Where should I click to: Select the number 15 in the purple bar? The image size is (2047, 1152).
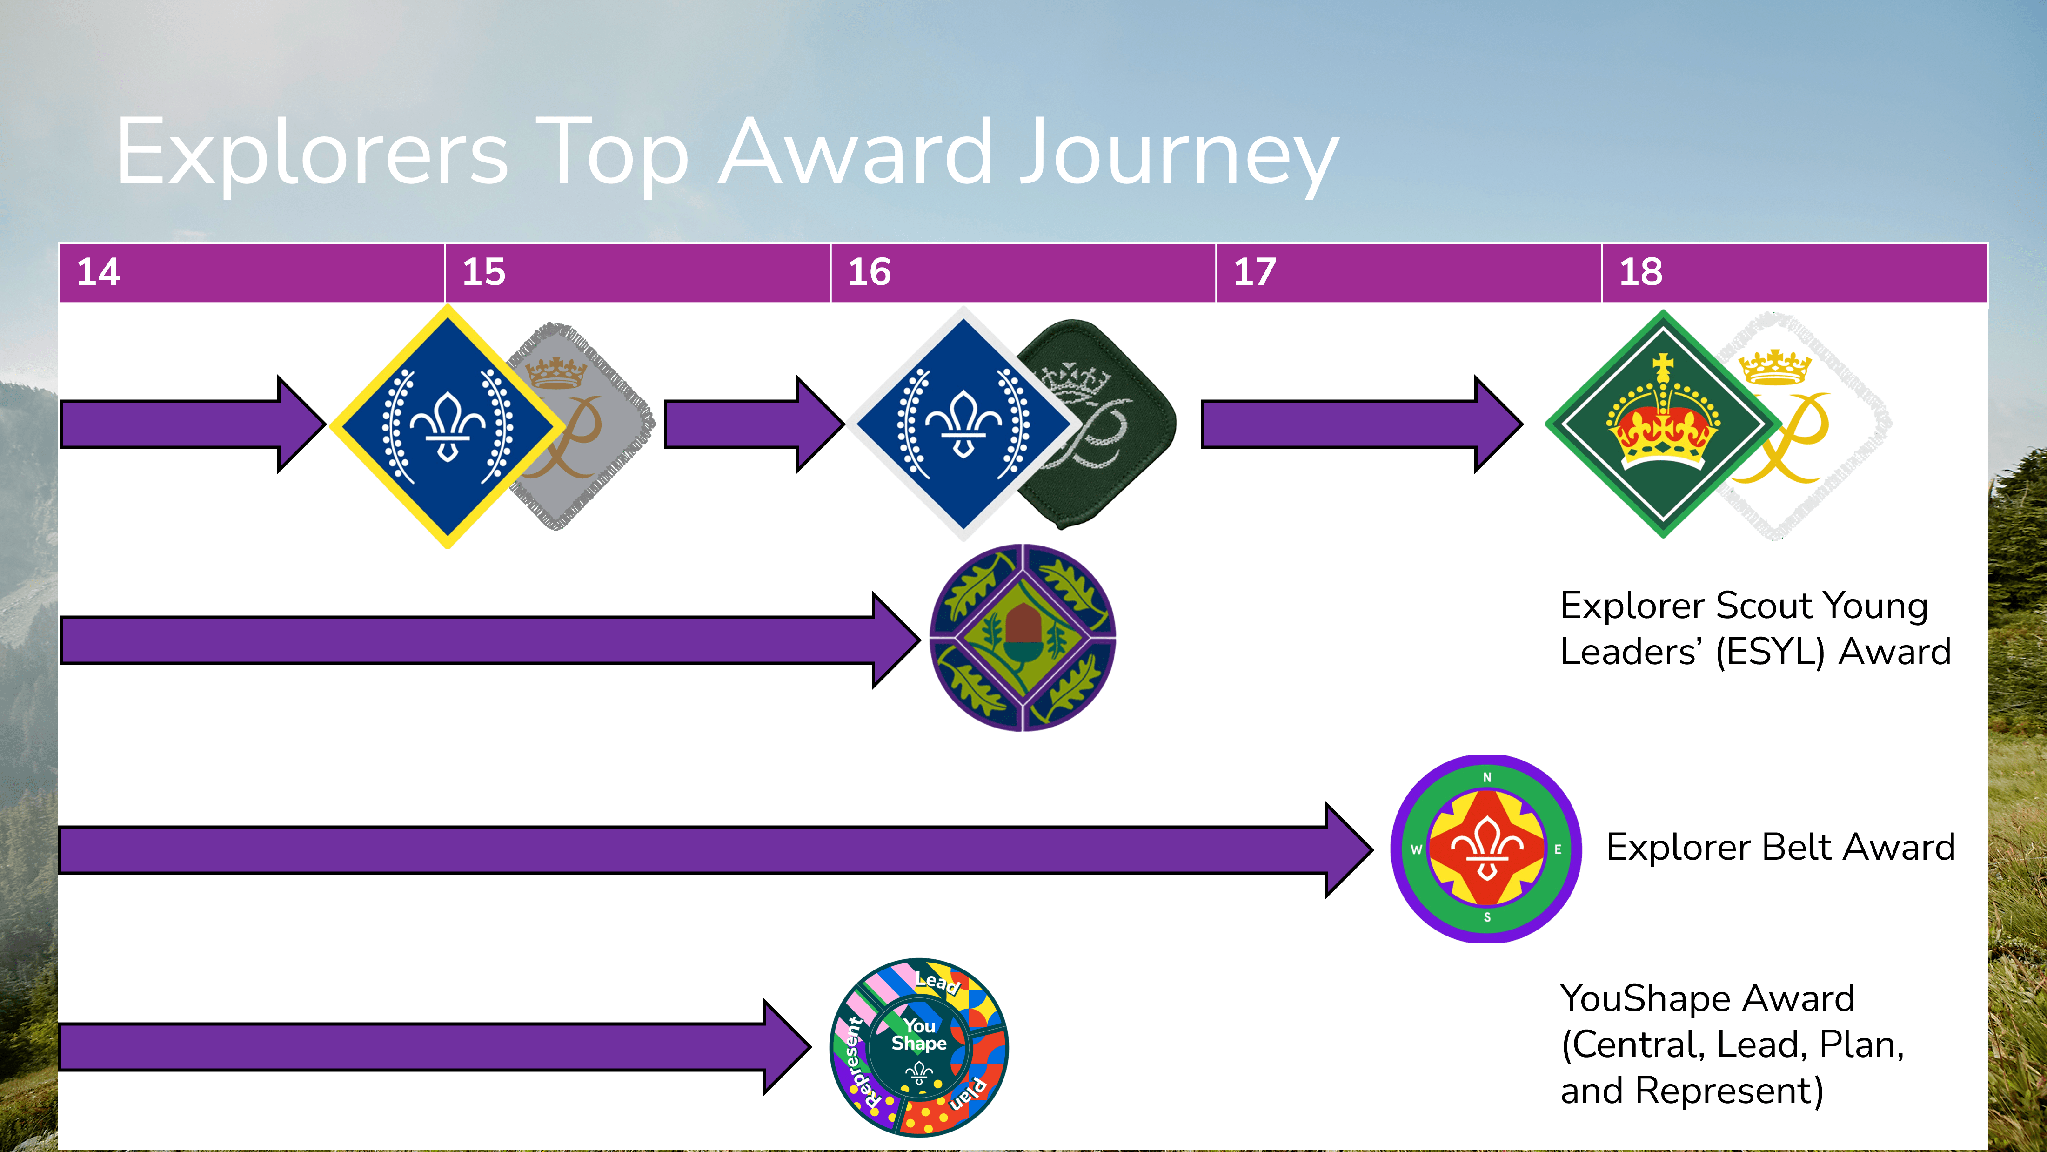coord(484,272)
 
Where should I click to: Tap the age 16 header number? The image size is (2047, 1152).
coord(870,272)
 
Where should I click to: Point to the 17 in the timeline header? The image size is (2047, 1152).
coord(1255,272)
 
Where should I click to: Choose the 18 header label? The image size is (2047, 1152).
coord(1641,272)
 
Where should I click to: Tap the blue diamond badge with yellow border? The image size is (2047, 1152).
coord(448,426)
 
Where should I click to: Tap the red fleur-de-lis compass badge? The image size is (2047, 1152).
coord(1486,849)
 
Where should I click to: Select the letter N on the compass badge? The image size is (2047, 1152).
coord(1487,777)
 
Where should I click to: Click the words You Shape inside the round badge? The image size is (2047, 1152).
coord(919,1034)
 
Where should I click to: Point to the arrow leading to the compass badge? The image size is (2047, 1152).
coord(715,850)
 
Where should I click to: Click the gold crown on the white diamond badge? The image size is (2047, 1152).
coord(1774,367)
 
